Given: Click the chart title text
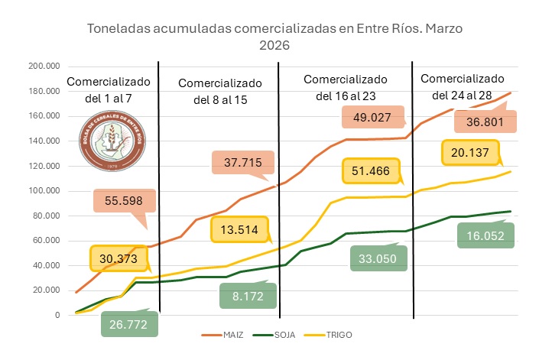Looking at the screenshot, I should pyautogui.click(x=274, y=37).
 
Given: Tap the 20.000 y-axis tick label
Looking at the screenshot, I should pyautogui.click(x=46, y=290).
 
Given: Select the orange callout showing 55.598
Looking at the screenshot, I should pyautogui.click(x=125, y=201).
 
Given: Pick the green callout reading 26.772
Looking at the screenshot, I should pyautogui.click(x=129, y=323).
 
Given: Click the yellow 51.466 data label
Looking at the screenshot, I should pyautogui.click(x=372, y=171).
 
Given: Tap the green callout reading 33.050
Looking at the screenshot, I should pyautogui.click(x=379, y=258).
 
